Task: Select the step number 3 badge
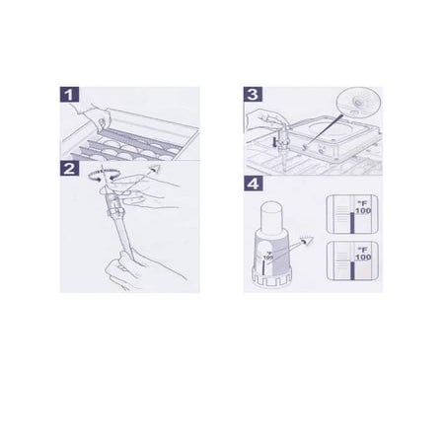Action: tap(254, 97)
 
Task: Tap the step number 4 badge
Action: tap(254, 183)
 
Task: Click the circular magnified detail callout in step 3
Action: tap(359, 103)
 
